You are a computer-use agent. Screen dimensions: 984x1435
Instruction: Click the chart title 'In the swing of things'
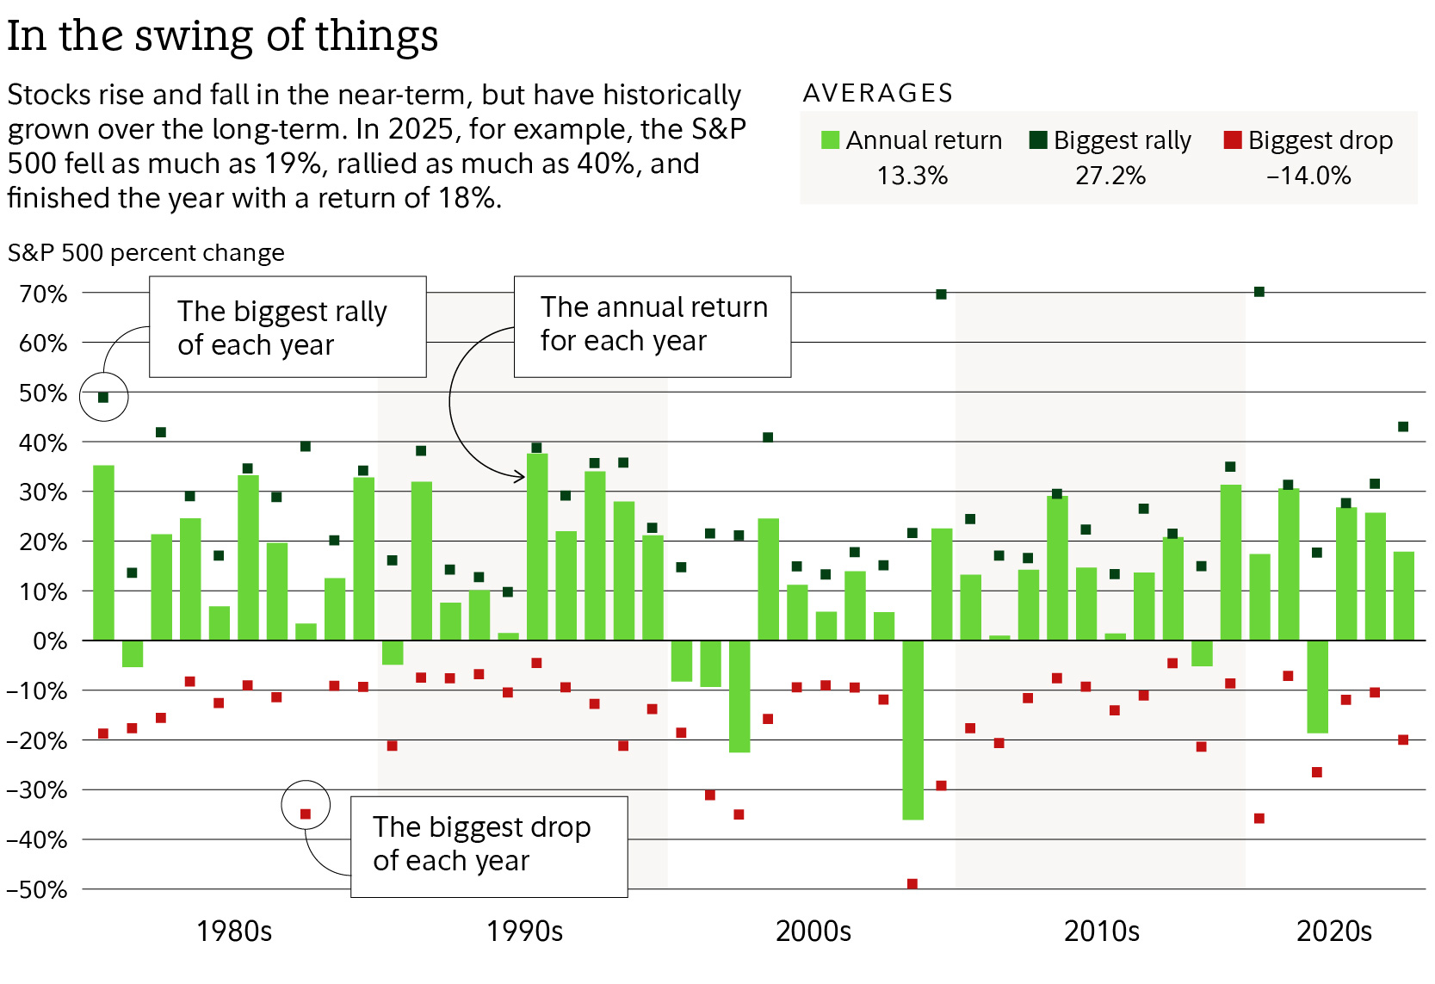(222, 36)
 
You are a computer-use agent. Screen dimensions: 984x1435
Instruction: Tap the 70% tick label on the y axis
(43, 294)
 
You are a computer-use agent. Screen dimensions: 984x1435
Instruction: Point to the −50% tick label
(36, 889)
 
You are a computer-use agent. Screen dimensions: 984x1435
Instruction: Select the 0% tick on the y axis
(49, 641)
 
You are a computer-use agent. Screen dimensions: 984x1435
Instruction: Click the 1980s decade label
(233, 931)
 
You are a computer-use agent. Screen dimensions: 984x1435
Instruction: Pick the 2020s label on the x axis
(1333, 931)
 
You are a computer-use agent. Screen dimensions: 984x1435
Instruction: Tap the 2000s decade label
(813, 931)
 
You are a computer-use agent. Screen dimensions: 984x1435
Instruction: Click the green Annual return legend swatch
(830, 140)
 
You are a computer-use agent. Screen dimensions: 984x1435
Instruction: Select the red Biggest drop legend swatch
(1232, 139)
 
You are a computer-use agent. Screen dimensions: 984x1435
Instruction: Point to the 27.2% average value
(1110, 176)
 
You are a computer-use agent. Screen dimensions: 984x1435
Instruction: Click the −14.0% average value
(1308, 176)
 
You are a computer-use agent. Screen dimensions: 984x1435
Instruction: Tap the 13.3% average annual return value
(912, 176)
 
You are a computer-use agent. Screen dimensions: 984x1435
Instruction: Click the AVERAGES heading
(877, 93)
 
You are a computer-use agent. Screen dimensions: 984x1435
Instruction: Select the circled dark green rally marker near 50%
(103, 398)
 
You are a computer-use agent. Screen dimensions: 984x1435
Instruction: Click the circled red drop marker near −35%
(306, 814)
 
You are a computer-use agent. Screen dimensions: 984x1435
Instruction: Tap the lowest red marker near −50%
(912, 884)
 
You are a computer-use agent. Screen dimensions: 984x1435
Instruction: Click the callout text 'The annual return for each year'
(653, 325)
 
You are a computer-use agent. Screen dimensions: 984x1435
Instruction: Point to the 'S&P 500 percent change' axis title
(145, 253)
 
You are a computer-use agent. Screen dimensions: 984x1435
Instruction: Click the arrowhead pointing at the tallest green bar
(521, 476)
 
